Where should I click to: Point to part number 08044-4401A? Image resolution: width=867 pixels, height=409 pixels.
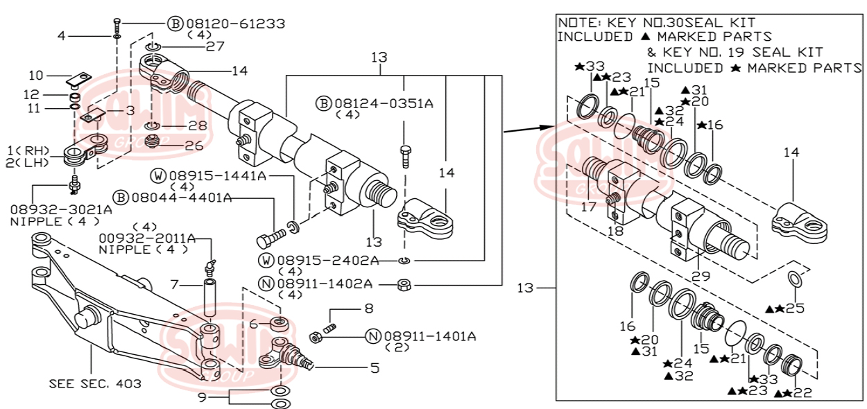[x=181, y=198]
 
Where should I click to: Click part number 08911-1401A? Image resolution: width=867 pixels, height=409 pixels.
[x=429, y=336]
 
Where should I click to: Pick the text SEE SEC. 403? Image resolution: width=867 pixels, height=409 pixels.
[x=95, y=383]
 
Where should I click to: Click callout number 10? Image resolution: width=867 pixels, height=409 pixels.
[x=35, y=75]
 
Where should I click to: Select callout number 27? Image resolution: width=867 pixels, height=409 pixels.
[x=196, y=46]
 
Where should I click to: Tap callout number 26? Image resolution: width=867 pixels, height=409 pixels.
[x=194, y=146]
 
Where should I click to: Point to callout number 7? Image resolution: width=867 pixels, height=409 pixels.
[x=175, y=284]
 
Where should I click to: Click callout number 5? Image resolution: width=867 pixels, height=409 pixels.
[x=375, y=368]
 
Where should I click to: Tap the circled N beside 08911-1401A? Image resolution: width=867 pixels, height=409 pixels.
[x=372, y=337]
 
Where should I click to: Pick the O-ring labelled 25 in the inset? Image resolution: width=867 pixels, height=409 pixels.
[x=796, y=279]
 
